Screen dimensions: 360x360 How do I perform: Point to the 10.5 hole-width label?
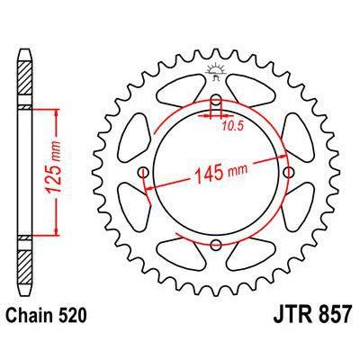click(x=232, y=127)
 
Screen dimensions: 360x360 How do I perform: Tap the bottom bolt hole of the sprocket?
click(x=216, y=245)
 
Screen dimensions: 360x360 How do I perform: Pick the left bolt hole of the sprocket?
click(x=143, y=172)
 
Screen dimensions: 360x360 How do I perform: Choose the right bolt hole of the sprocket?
click(x=288, y=172)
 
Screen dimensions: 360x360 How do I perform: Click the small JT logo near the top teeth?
click(x=216, y=72)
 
